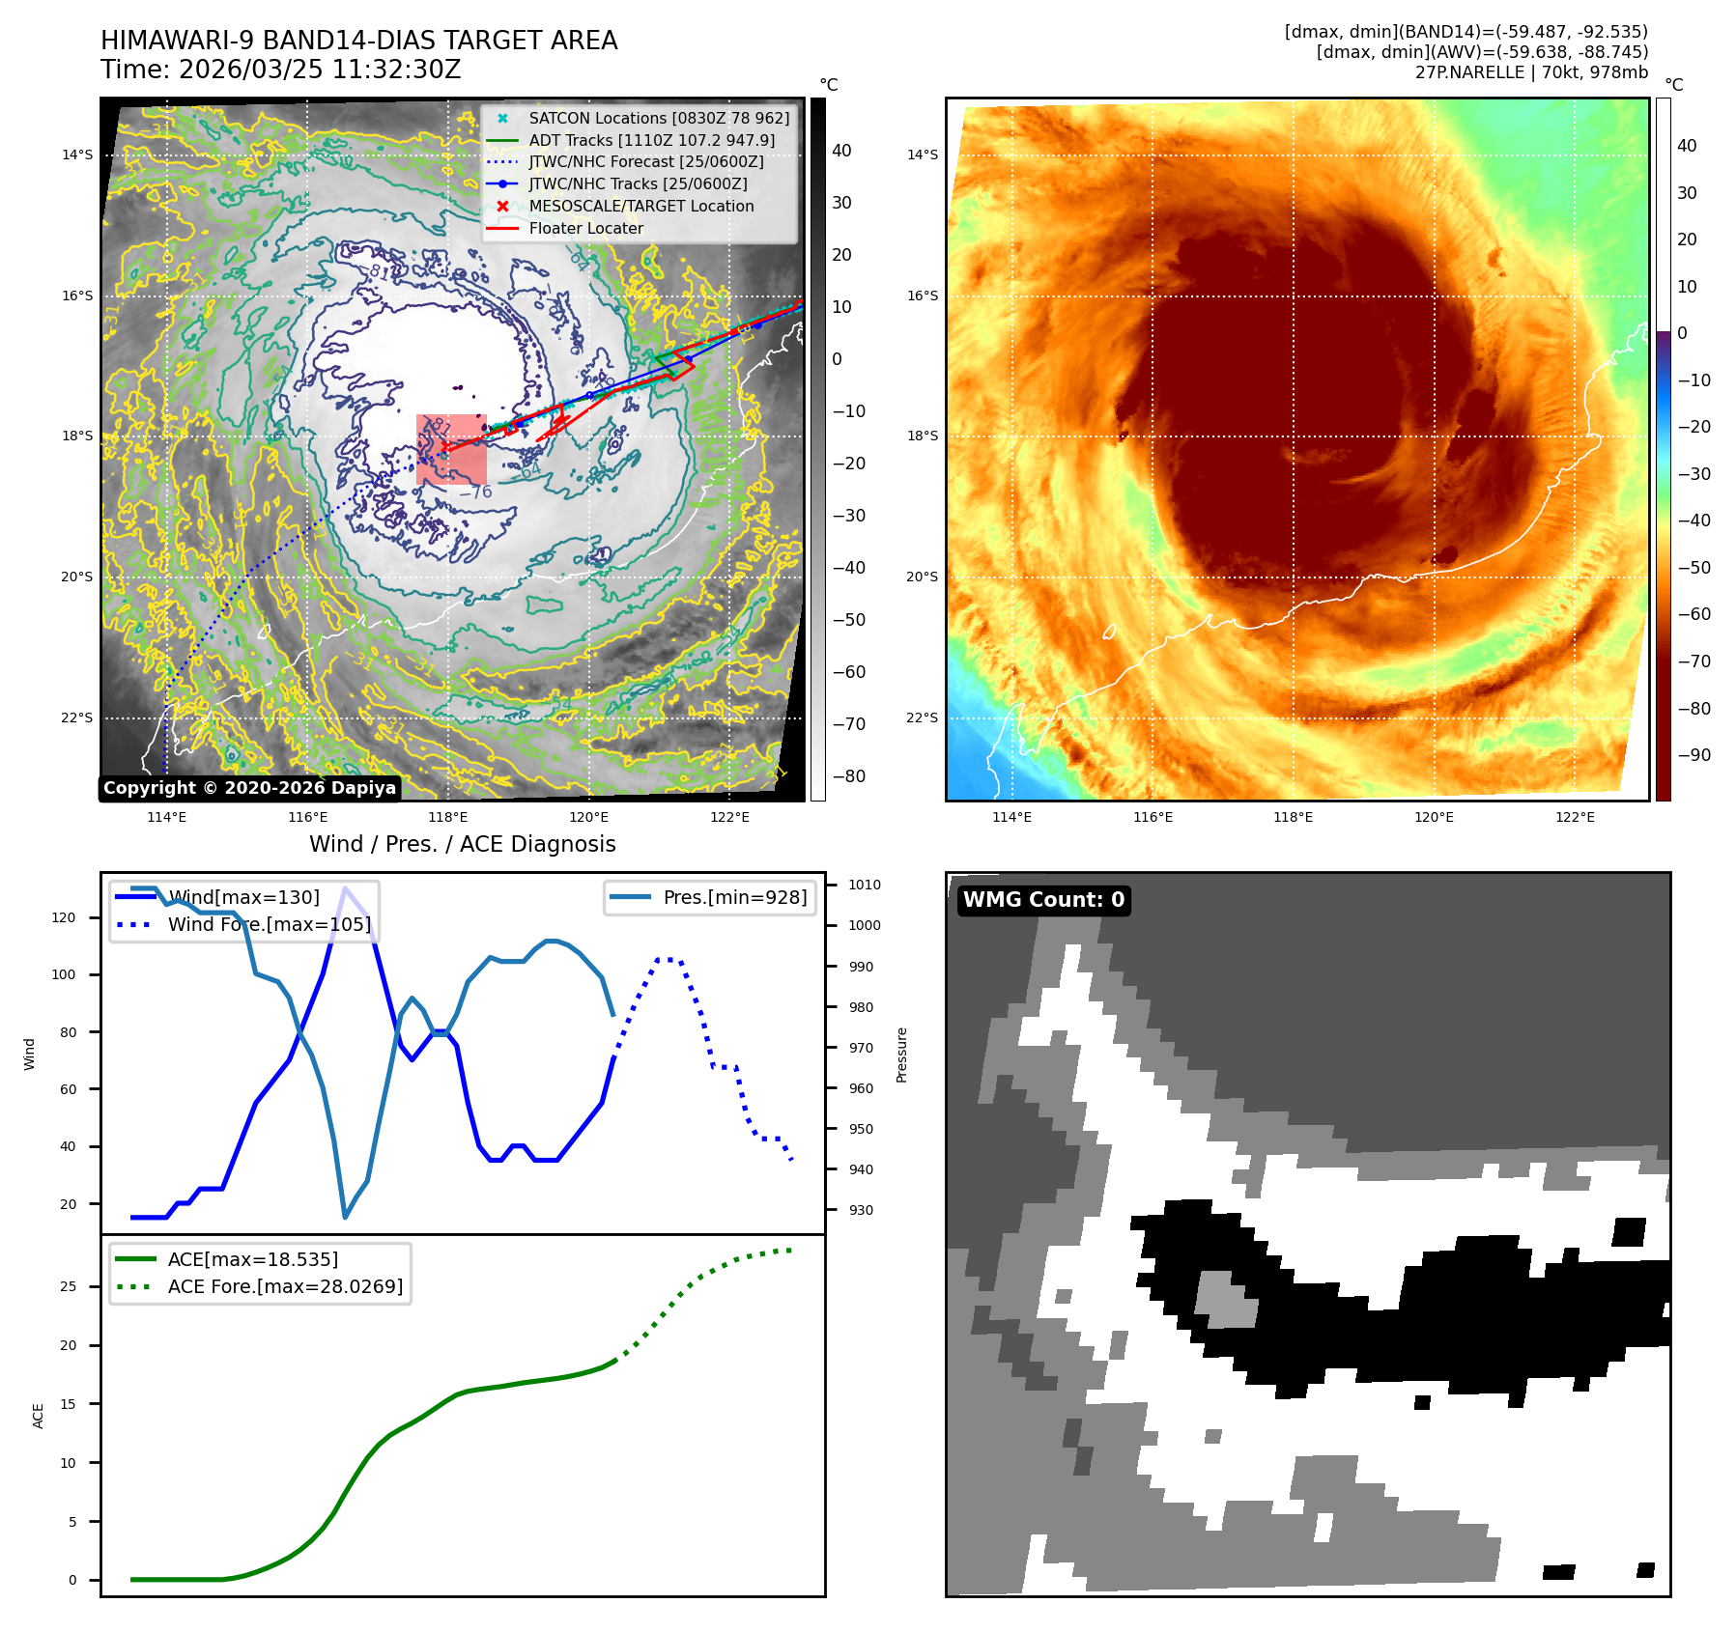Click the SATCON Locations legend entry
(x=658, y=118)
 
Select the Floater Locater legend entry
(x=585, y=228)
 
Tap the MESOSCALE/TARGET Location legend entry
(x=640, y=206)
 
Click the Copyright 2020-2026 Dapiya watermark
(x=249, y=788)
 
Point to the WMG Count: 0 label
(x=1043, y=900)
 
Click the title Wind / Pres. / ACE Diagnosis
(x=462, y=844)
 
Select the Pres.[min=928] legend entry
(x=734, y=897)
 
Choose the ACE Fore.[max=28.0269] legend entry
(x=285, y=1286)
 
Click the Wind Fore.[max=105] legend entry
(x=269, y=924)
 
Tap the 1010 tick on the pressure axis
(x=864, y=885)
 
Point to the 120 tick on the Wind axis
(x=64, y=917)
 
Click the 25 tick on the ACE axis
(x=69, y=1286)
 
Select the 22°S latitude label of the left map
(x=77, y=718)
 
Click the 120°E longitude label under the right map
(x=1434, y=817)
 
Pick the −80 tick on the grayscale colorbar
(x=849, y=776)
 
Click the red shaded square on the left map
(x=451, y=449)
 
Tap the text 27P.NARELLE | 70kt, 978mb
(x=1531, y=72)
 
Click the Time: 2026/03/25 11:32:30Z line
(x=280, y=70)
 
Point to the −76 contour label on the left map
(x=475, y=492)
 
